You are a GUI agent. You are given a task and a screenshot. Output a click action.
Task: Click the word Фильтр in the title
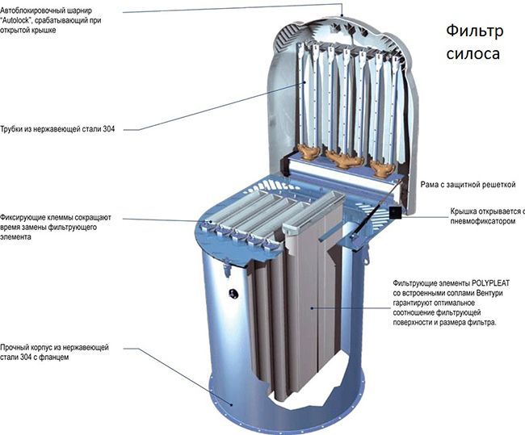[x=475, y=31]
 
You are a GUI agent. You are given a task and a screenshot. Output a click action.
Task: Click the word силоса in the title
[x=472, y=53]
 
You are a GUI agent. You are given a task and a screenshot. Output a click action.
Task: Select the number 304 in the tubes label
[x=109, y=129]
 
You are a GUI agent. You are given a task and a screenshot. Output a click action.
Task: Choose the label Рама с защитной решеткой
[x=468, y=185]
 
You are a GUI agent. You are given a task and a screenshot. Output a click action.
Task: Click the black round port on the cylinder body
[x=233, y=294]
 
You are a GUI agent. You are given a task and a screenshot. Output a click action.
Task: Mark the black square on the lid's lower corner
[x=395, y=212]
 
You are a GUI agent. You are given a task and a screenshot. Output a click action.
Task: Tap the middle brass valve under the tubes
[x=344, y=158]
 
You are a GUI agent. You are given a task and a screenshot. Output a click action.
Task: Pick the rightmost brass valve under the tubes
[x=381, y=166]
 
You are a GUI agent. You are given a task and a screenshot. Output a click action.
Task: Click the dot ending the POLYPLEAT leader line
[x=312, y=307]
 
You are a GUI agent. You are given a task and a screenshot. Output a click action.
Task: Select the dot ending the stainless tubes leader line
[x=304, y=82]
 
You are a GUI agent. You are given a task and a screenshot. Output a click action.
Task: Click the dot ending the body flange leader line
[x=232, y=404]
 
